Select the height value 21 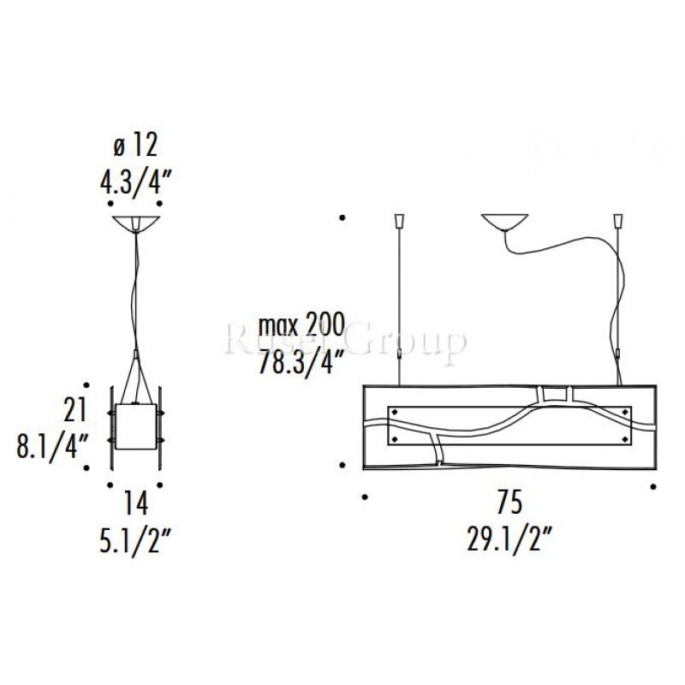75,410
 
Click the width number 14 136,503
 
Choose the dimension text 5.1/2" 135,540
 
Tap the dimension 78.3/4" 300,361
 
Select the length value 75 509,503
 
